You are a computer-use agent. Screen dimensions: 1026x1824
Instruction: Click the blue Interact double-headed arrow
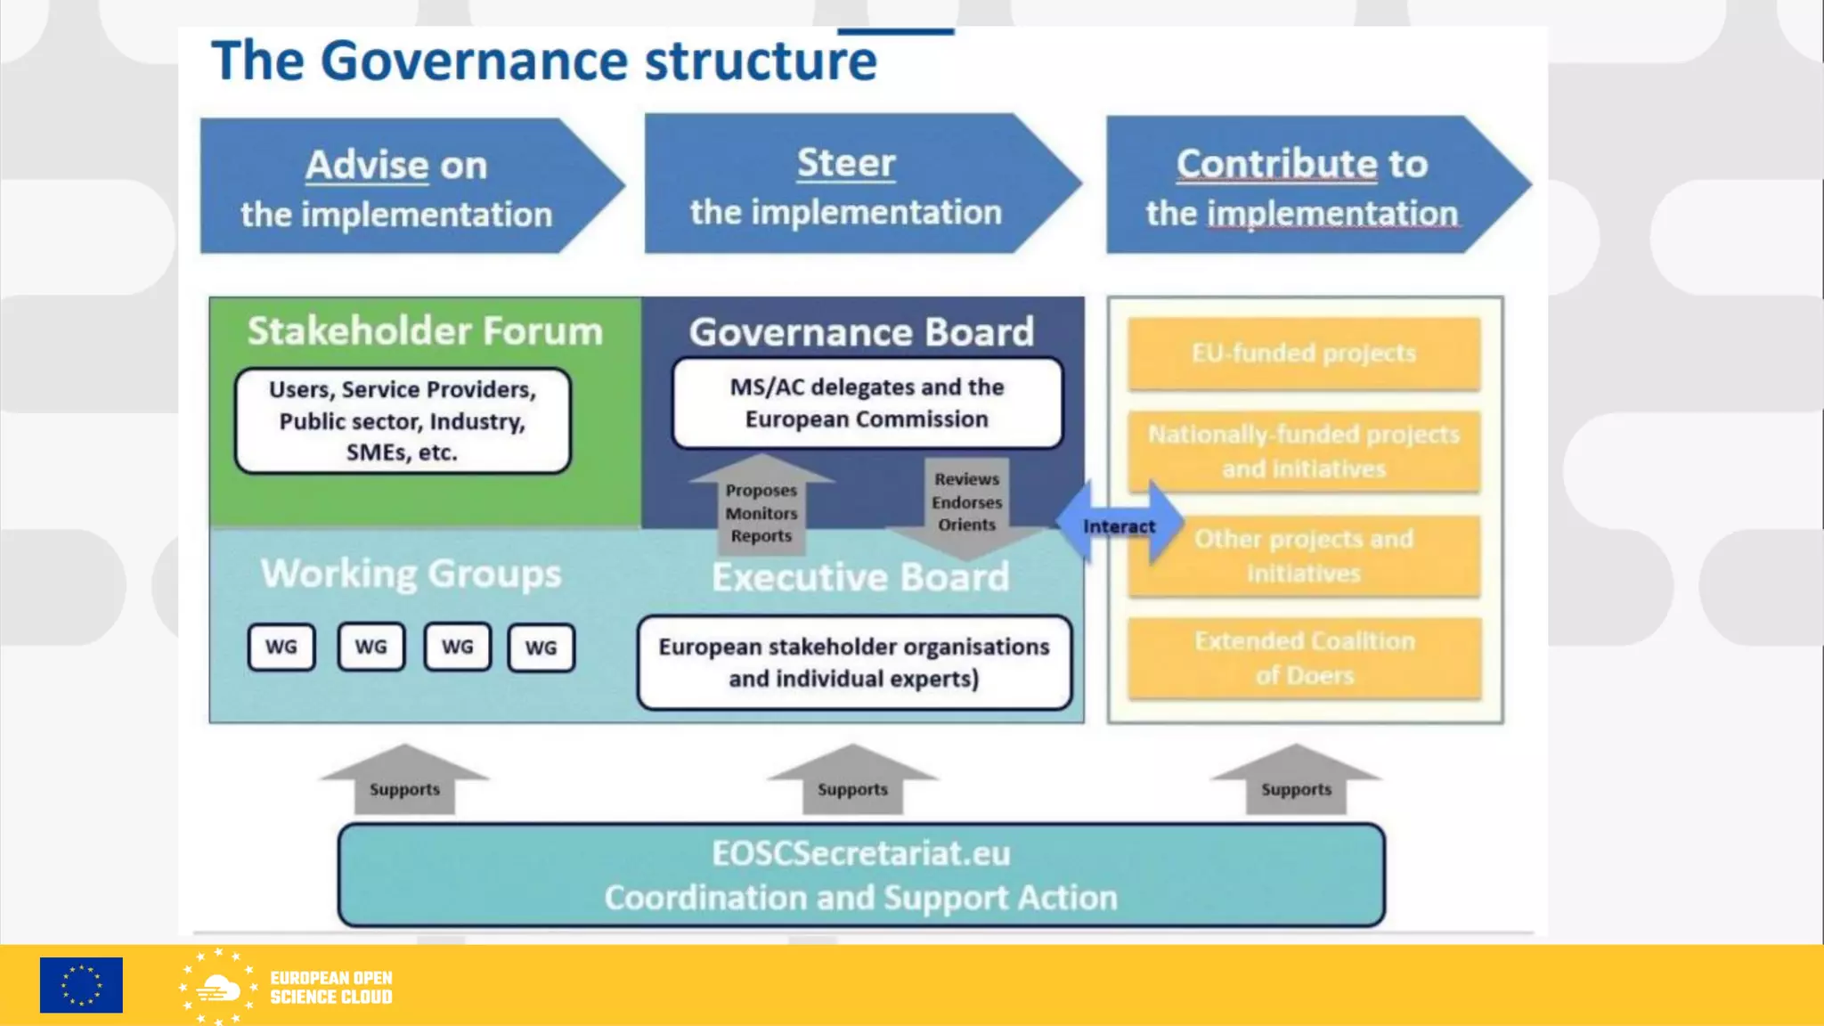tap(1119, 525)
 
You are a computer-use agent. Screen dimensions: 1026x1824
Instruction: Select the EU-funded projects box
tap(1304, 354)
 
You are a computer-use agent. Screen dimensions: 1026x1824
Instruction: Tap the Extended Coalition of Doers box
tap(1304, 658)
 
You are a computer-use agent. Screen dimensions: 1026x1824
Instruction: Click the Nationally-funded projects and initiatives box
tap(1304, 452)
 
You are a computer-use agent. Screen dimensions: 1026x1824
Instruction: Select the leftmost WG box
tap(281, 647)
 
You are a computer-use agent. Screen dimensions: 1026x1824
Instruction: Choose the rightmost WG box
tap(541, 647)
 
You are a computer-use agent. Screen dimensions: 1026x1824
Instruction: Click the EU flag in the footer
tap(81, 985)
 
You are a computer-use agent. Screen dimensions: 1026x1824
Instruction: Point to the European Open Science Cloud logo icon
tap(218, 987)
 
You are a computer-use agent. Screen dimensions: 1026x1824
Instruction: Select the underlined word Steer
tap(846, 163)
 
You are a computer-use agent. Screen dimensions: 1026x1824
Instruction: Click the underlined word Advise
tap(367, 166)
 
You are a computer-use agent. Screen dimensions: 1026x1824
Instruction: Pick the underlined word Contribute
tap(1276, 164)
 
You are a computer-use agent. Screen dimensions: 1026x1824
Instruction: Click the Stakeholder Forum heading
tap(425, 331)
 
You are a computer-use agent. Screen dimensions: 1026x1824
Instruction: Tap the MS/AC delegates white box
tap(867, 403)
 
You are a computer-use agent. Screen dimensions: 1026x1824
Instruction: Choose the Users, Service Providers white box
tap(403, 420)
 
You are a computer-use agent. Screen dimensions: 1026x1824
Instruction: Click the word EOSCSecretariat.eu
tap(860, 853)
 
